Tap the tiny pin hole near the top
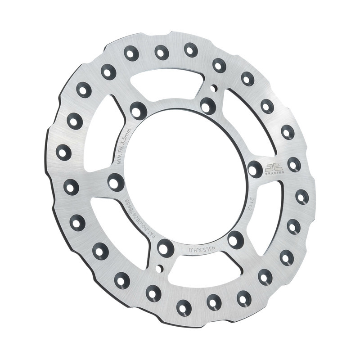coord(215,88)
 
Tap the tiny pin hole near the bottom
coord(158,268)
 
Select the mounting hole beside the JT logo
coord(255,169)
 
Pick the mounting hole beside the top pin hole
coord(207,105)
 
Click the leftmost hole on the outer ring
coord(63,153)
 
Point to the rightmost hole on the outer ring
coord(302,196)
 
